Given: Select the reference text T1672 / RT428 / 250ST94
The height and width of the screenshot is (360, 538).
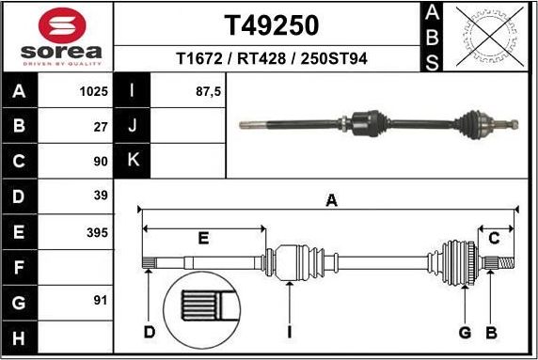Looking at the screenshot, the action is (x=271, y=59).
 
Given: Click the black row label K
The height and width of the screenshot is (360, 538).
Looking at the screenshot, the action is (x=133, y=161).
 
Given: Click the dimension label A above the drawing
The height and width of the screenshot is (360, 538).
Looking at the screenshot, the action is (x=330, y=199).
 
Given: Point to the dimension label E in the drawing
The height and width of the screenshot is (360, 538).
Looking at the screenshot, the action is (x=202, y=239).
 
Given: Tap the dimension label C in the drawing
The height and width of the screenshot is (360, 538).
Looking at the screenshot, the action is (x=493, y=239).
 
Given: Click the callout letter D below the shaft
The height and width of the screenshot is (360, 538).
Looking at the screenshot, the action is (x=149, y=331).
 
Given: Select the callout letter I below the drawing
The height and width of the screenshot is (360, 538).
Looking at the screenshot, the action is (x=290, y=332).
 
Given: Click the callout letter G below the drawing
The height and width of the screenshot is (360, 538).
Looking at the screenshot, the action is (x=464, y=331).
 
